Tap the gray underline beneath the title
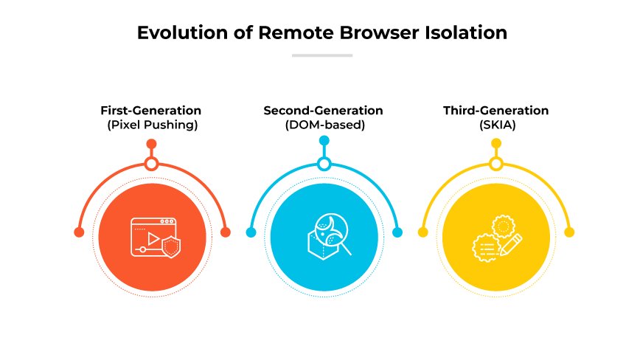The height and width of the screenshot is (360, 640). coord(322,55)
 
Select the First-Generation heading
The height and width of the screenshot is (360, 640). coord(152,111)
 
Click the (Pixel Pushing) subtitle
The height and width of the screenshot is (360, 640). coord(152,125)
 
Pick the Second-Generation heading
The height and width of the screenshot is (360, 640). coord(324,111)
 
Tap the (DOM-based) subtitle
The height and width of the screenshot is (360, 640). coord(324,125)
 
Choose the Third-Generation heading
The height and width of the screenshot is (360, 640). coord(495,111)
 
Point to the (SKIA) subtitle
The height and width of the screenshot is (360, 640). coord(495,125)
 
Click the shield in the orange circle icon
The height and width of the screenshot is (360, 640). coord(171,247)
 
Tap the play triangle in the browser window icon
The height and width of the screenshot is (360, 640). coord(153,238)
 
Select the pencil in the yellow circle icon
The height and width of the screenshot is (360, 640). coord(511,244)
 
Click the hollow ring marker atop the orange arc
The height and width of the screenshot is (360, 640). coord(152,164)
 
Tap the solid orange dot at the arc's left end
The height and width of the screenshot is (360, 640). coord(79,232)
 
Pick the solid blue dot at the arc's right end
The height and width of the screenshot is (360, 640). coord(397,232)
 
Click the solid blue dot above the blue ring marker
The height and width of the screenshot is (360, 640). coord(324,140)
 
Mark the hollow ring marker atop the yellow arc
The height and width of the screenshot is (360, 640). coord(496,164)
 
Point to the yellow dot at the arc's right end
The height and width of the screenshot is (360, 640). coord(569,232)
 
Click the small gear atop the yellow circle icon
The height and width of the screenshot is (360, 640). coord(503,224)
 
